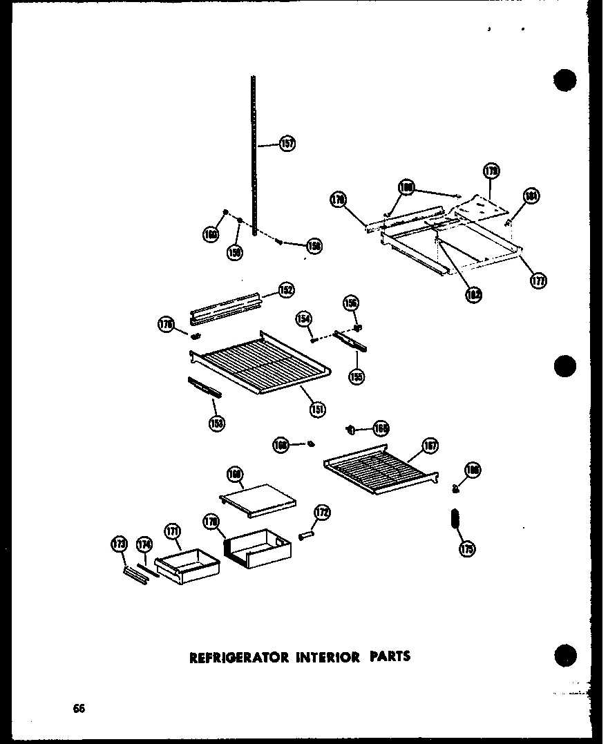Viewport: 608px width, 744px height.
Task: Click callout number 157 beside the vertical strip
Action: point(287,144)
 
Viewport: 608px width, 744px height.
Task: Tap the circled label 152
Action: point(286,291)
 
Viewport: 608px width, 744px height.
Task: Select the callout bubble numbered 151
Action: point(318,408)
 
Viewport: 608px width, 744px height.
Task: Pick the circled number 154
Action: point(304,318)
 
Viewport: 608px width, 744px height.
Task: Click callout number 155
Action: point(357,376)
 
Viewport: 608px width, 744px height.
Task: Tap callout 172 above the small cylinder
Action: point(322,513)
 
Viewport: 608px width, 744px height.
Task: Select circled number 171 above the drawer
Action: point(172,532)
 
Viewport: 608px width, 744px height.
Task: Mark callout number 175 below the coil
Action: point(467,550)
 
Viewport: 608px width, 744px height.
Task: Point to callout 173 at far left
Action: point(119,545)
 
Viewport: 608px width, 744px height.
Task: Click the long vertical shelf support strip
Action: point(254,155)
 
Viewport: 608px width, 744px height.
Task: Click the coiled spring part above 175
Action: point(454,519)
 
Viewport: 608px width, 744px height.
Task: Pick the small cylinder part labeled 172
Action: point(307,536)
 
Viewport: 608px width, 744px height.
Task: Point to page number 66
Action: point(79,709)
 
